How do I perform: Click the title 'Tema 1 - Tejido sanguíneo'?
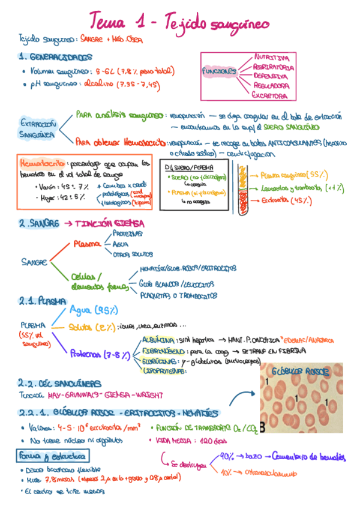pos(180,22)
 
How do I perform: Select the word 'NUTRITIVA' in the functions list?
pos(271,57)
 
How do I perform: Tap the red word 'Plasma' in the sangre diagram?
pos(87,244)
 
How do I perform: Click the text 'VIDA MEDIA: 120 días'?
pos(182,440)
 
